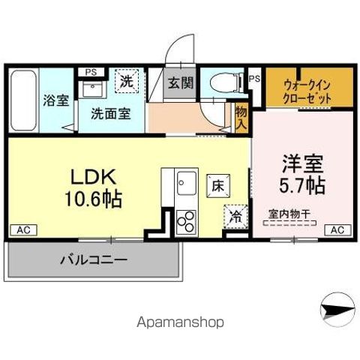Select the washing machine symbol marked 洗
127,82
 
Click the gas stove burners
184,220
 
